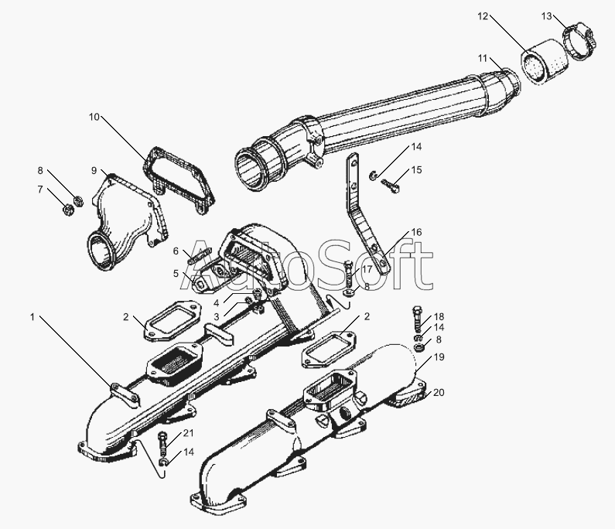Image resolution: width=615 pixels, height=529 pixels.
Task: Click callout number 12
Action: [x=483, y=16]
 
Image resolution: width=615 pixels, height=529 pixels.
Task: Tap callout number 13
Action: [x=546, y=16]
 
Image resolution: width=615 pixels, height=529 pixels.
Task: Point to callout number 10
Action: [x=94, y=117]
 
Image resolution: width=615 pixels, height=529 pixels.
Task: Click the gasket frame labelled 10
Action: [x=179, y=179]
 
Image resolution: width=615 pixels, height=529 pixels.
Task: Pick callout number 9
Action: [x=94, y=171]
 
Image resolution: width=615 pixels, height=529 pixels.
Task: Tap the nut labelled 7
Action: [x=67, y=209]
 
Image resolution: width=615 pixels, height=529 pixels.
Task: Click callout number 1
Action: [x=33, y=316]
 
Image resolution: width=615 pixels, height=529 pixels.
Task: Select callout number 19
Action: [x=439, y=357]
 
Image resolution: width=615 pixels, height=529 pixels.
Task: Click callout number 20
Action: [x=439, y=393]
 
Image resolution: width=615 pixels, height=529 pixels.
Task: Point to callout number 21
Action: [x=189, y=433]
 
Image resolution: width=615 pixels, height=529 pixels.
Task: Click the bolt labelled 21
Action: [x=163, y=443]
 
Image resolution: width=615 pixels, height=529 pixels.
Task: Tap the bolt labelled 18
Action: [x=418, y=319]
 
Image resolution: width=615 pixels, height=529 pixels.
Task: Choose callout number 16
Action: [x=416, y=232]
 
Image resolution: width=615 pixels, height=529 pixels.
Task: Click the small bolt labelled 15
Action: [x=390, y=185]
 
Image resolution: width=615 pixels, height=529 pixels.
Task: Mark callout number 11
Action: [x=483, y=59]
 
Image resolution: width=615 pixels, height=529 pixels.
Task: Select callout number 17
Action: [x=367, y=269]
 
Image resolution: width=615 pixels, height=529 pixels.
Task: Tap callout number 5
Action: [x=176, y=273]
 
